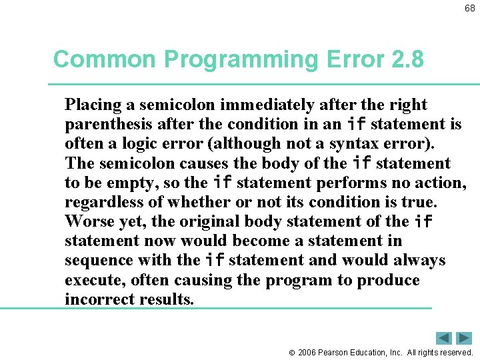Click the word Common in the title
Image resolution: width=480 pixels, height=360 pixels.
pyautogui.click(x=105, y=59)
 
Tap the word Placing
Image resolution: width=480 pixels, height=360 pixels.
pyautogui.click(x=93, y=105)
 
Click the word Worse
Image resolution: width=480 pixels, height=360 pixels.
pyautogui.click(x=89, y=221)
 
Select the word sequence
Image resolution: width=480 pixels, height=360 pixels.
pyautogui.click(x=98, y=260)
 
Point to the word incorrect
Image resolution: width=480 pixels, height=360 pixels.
pyautogui.click(x=101, y=299)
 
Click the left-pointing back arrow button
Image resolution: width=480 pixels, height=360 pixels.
pyautogui.click(x=444, y=338)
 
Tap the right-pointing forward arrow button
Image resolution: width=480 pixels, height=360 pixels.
pyautogui.click(x=464, y=338)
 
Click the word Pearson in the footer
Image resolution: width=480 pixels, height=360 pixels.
pyautogui.click(x=334, y=352)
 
